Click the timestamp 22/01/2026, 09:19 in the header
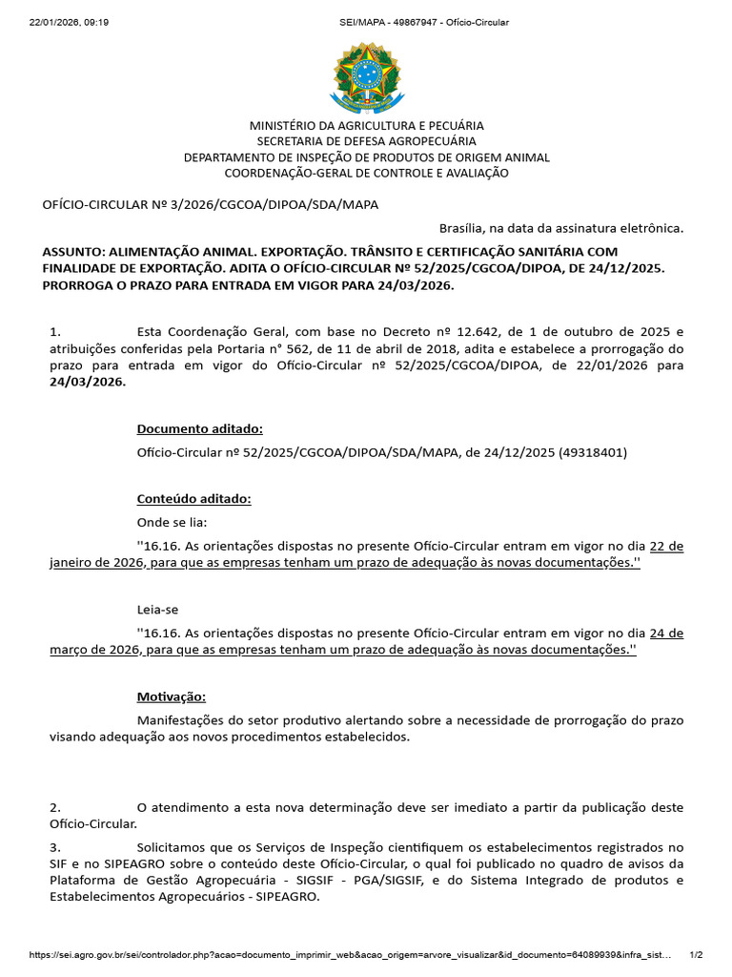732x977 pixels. [x=69, y=22]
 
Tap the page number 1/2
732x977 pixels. [x=696, y=954]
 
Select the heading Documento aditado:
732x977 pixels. [x=200, y=428]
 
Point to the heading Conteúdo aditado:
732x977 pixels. [x=194, y=499]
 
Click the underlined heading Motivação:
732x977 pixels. [x=172, y=696]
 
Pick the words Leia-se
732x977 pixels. [x=157, y=609]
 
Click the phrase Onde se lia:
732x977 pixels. [x=172, y=523]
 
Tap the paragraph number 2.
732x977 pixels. [x=55, y=807]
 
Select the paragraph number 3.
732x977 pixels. [x=55, y=847]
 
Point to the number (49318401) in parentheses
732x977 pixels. [x=593, y=452]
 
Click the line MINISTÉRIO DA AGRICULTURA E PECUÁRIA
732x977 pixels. [x=366, y=125]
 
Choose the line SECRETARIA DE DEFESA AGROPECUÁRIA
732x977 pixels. [x=366, y=141]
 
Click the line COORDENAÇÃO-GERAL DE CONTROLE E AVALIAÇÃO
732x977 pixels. [x=366, y=173]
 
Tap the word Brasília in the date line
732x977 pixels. [x=461, y=228]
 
